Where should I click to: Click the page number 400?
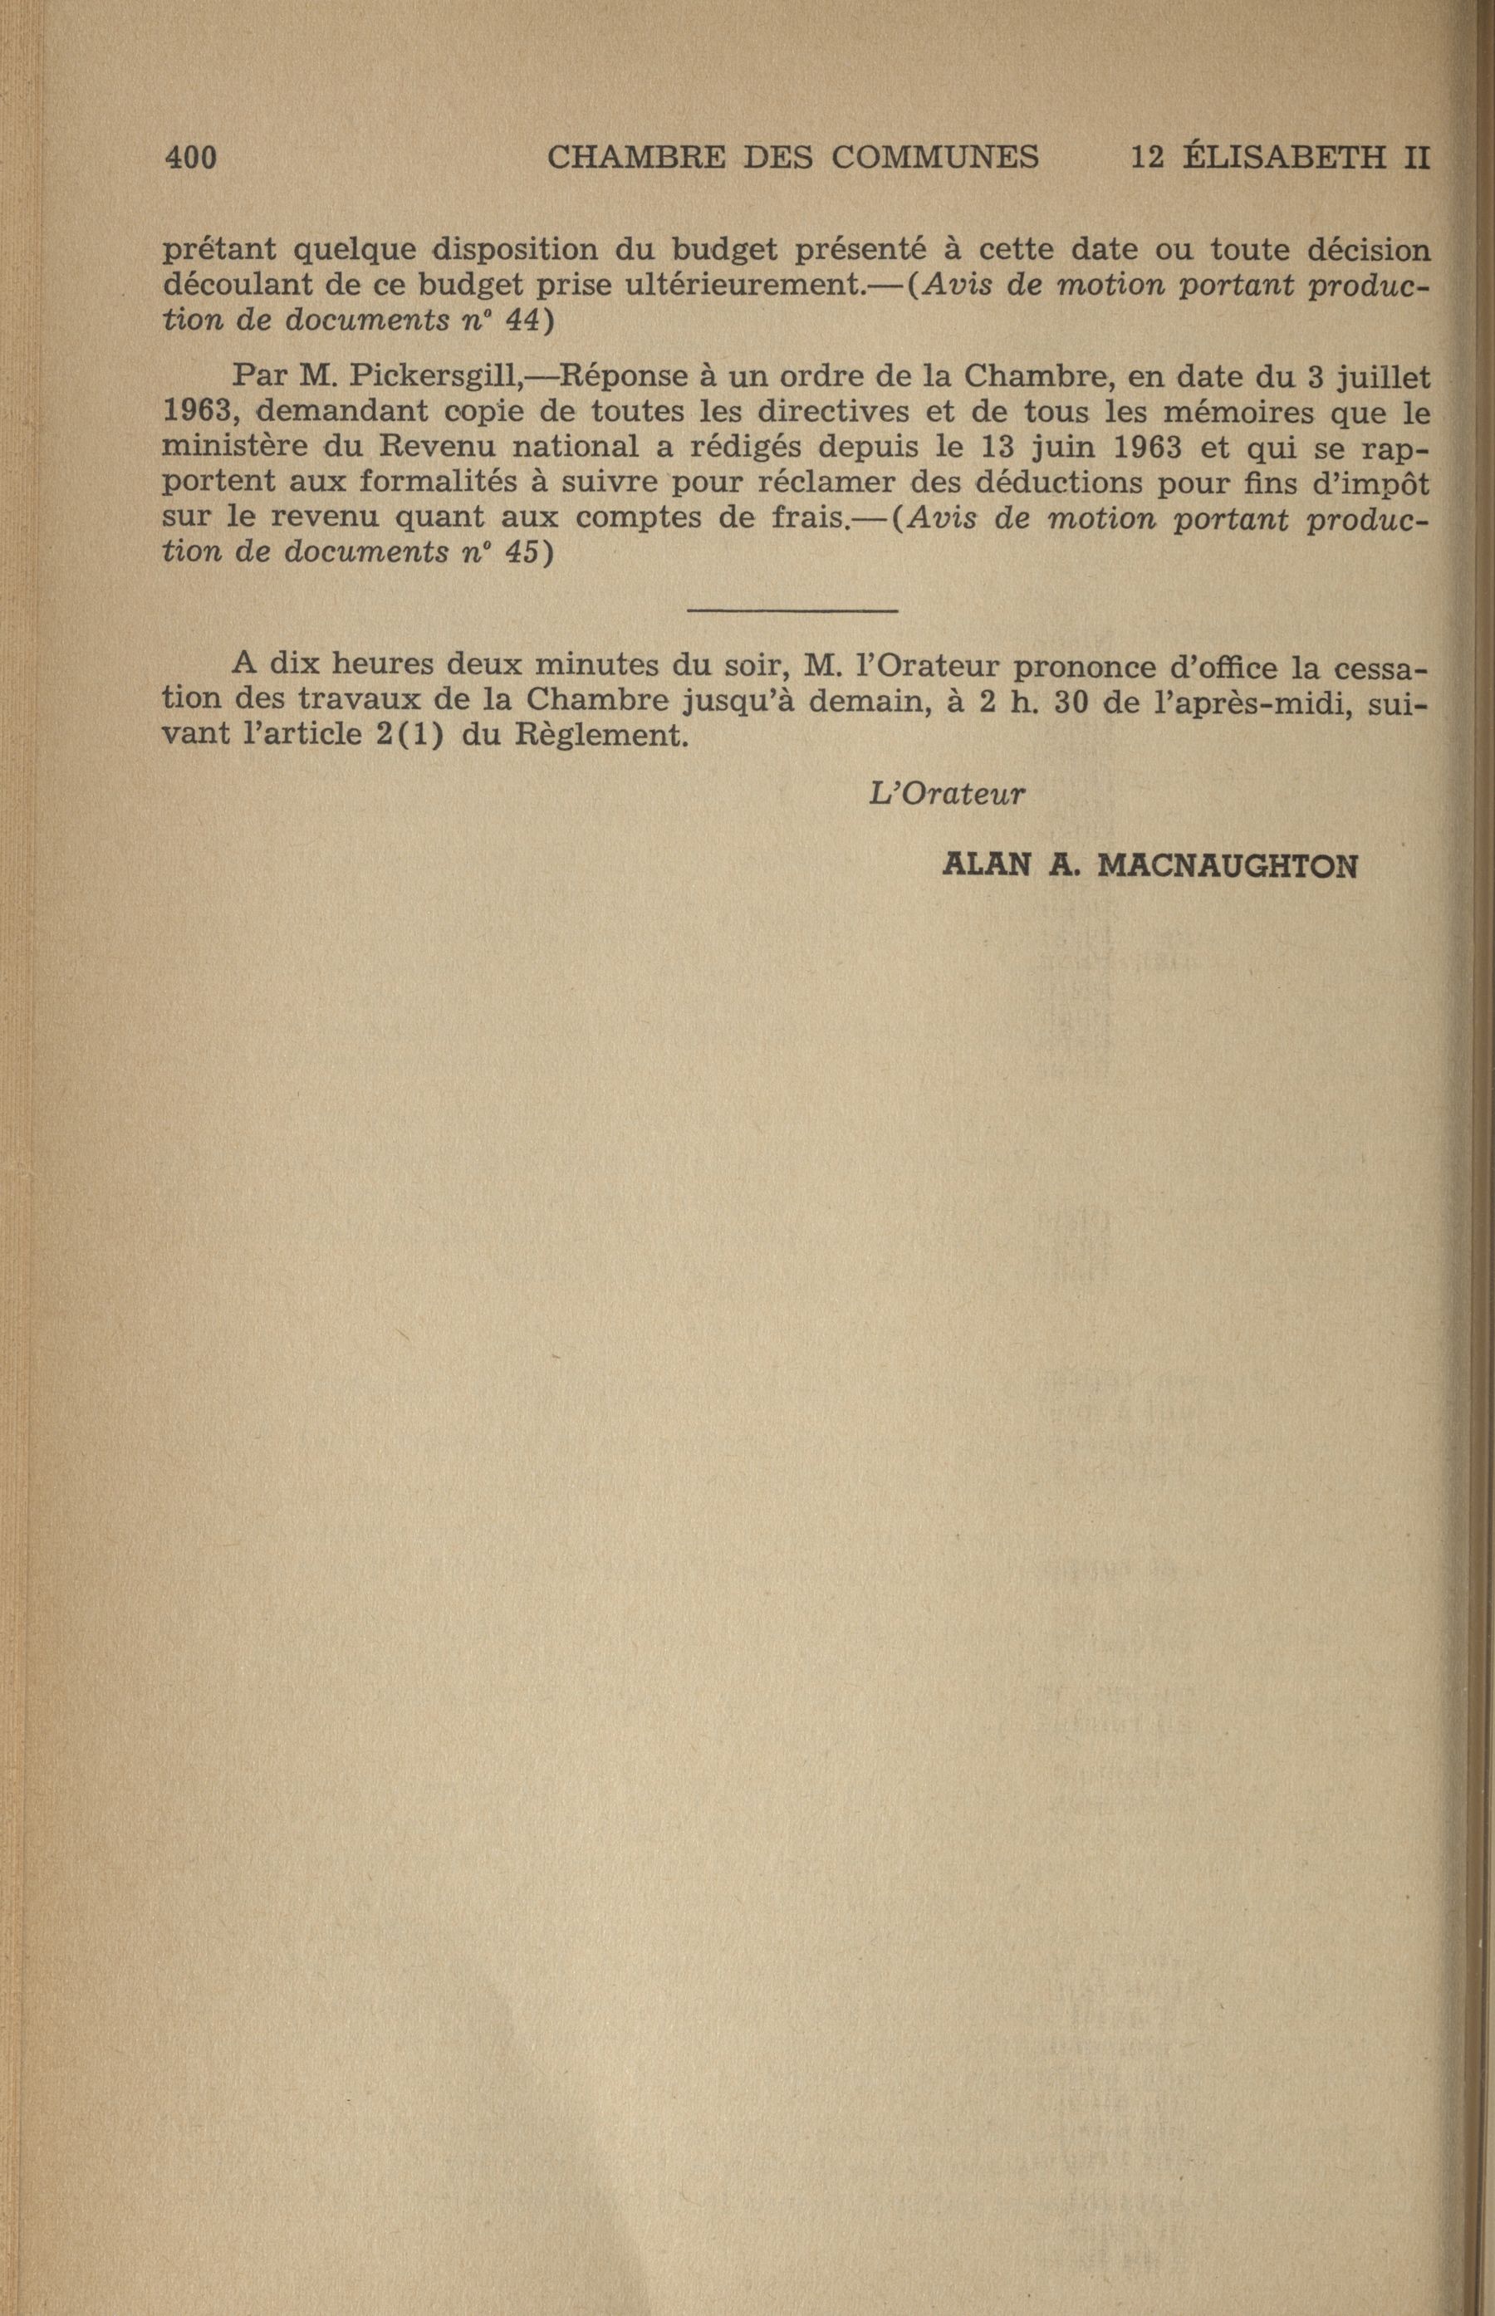[190, 157]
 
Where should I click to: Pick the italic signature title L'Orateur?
[947, 794]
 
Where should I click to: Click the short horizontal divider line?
[792, 610]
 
